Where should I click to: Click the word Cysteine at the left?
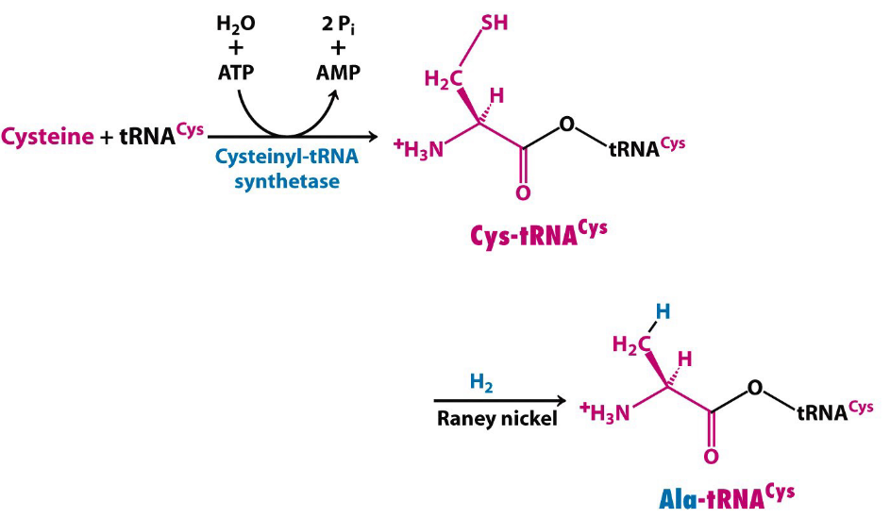(48, 136)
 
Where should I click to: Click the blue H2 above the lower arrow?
(481, 382)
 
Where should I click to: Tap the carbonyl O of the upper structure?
(523, 194)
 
